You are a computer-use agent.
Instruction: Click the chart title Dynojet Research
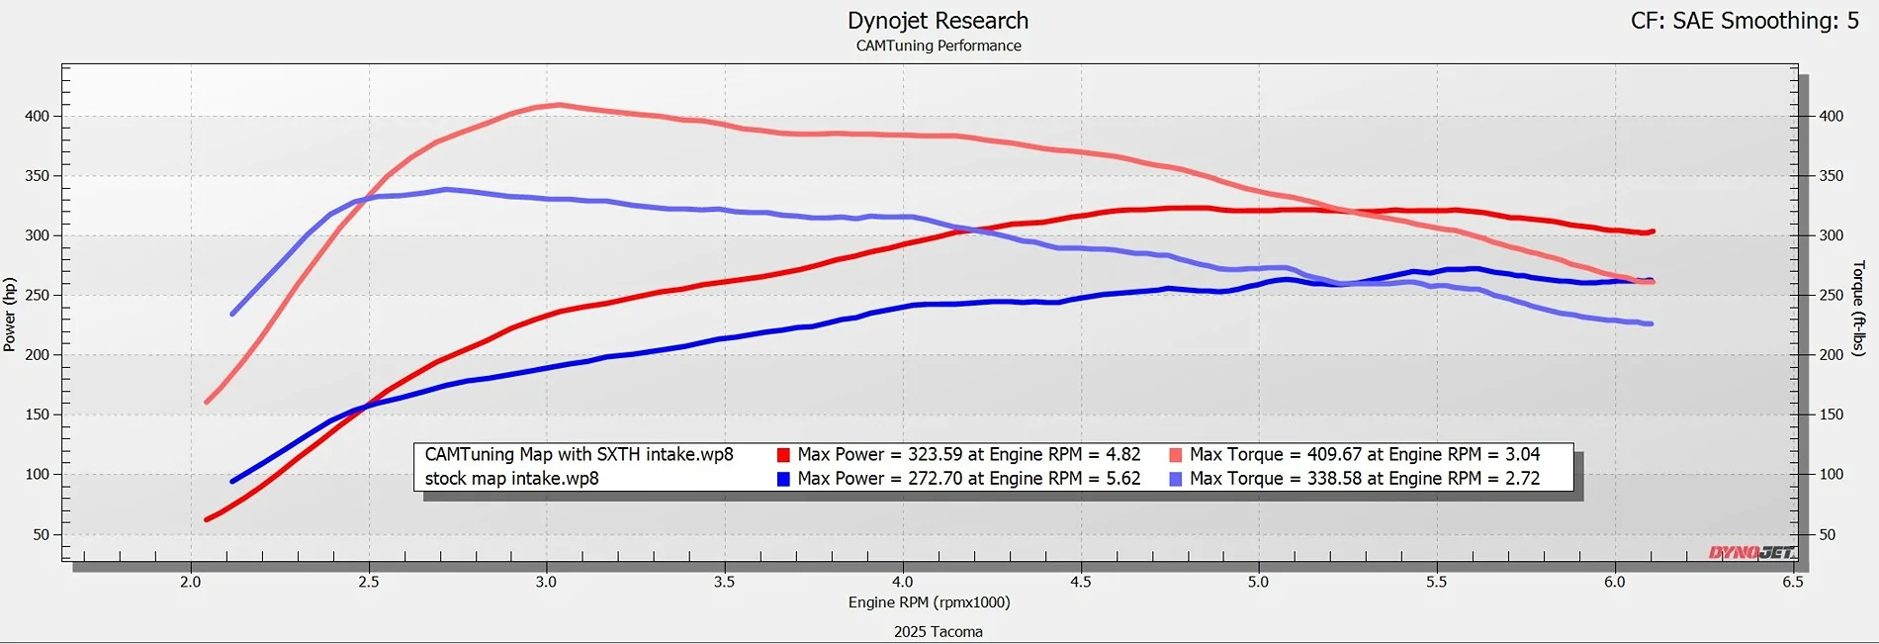pyautogui.click(x=938, y=21)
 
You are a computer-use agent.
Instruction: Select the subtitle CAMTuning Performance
pyautogui.click(x=939, y=46)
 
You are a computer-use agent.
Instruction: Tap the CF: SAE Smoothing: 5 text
pyautogui.click(x=1745, y=21)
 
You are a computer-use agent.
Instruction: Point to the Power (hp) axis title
pyautogui.click(x=10, y=315)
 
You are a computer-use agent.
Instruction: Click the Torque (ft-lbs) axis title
pyautogui.click(x=1858, y=309)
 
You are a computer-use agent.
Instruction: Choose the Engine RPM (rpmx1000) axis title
pyautogui.click(x=929, y=602)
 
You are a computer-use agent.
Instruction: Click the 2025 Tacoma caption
pyautogui.click(x=938, y=631)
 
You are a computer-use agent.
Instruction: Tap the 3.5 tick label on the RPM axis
pyautogui.click(x=724, y=582)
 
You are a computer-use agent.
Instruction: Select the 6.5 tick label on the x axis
pyautogui.click(x=1792, y=582)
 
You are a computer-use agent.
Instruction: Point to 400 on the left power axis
pyautogui.click(x=37, y=116)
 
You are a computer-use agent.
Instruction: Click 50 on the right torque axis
pyautogui.click(x=1832, y=534)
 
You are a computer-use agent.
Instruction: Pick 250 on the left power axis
pyautogui.click(x=37, y=295)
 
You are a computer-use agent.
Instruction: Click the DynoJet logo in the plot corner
pyautogui.click(x=1751, y=552)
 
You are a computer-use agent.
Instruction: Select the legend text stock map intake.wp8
pyautogui.click(x=511, y=479)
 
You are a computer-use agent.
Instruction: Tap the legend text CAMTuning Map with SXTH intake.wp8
pyautogui.click(x=579, y=455)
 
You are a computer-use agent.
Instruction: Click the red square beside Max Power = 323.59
pyautogui.click(x=783, y=455)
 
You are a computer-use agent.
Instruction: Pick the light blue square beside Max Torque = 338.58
pyautogui.click(x=1176, y=479)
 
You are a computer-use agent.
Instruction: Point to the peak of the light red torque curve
pyautogui.click(x=559, y=104)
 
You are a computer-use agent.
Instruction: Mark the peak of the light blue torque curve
pyautogui.click(x=447, y=189)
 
